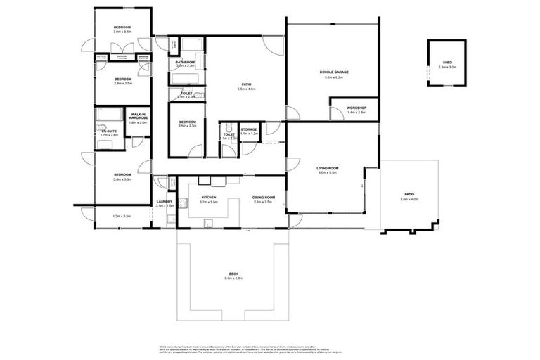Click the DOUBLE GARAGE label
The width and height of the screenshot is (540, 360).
coord(333,72)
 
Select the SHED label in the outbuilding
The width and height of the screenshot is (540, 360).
coord(446,62)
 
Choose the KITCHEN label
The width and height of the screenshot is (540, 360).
coord(209,198)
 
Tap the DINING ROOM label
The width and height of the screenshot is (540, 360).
coord(263,198)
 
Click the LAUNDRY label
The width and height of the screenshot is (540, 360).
coord(165,202)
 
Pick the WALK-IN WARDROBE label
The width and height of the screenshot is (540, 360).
coord(138,117)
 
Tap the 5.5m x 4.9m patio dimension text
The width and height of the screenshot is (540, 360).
coord(245,89)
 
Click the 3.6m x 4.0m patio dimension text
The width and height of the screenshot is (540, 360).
coord(409,199)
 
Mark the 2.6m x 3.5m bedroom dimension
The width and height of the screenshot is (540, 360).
coord(123,83)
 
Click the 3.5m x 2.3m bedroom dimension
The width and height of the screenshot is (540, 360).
coord(187,126)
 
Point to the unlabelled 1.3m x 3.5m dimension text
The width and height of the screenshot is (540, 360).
coord(122,216)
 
